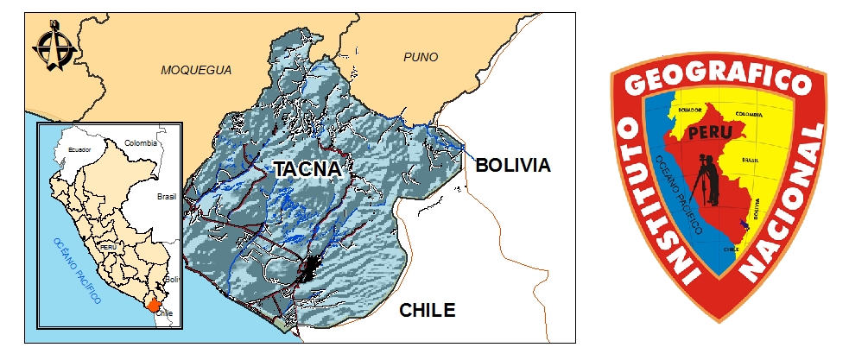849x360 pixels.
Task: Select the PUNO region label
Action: pyautogui.click(x=421, y=57)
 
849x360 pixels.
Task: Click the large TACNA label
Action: pyautogui.click(x=307, y=169)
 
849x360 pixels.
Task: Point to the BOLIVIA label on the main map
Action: pyautogui.click(x=513, y=164)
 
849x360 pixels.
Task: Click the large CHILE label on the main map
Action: pyautogui.click(x=427, y=311)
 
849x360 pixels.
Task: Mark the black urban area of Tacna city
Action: pyautogui.click(x=310, y=268)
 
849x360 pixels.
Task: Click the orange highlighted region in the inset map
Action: pyautogui.click(x=153, y=303)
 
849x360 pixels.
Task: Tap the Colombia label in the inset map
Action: pyautogui.click(x=140, y=142)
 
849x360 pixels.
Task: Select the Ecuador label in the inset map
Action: pyautogui.click(x=79, y=150)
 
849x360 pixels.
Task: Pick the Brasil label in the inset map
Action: pyautogui.click(x=167, y=196)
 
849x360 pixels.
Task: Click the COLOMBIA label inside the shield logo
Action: pyautogui.click(x=748, y=114)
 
